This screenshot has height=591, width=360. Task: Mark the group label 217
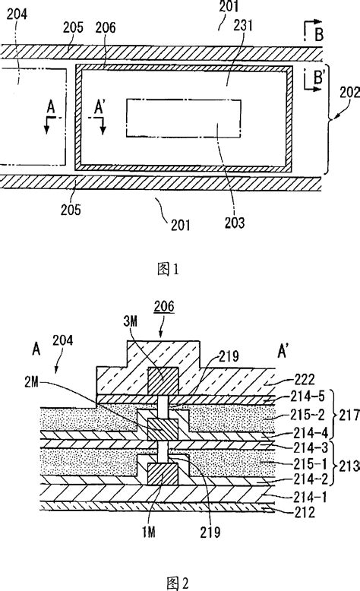(348, 418)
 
